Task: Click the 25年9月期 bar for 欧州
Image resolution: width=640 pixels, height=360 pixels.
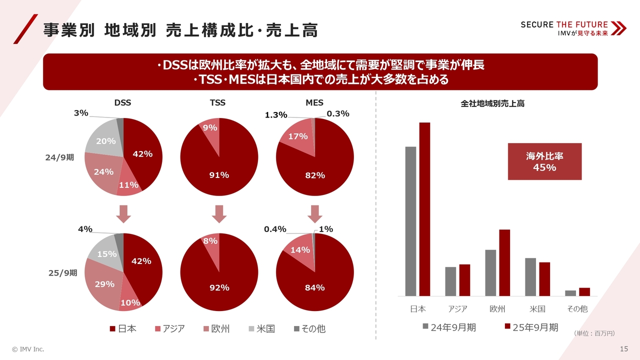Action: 504,262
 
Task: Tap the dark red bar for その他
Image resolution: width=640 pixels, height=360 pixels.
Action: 584,292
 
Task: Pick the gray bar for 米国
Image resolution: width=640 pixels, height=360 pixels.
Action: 530,277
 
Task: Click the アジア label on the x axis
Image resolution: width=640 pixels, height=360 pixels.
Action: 457,309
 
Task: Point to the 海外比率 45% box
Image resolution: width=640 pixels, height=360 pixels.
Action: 544,161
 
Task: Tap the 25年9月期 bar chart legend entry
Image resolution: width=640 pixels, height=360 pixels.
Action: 531,327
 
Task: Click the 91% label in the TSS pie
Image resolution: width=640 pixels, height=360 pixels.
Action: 219,175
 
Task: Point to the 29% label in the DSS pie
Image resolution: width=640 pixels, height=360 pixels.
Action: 104,284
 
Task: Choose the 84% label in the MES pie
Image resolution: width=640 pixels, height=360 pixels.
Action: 315,287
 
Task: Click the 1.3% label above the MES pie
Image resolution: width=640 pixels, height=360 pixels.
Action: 276,115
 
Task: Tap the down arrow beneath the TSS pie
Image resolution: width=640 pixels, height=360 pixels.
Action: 219,214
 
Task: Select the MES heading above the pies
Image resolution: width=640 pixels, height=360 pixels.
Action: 314,102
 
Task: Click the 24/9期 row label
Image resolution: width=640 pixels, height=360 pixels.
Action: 60,157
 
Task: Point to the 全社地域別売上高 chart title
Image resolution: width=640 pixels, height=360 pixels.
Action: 492,104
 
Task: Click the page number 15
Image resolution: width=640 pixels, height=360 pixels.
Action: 623,348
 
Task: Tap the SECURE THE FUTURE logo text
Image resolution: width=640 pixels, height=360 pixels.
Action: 564,24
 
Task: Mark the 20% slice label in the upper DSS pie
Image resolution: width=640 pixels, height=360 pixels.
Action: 106,141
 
